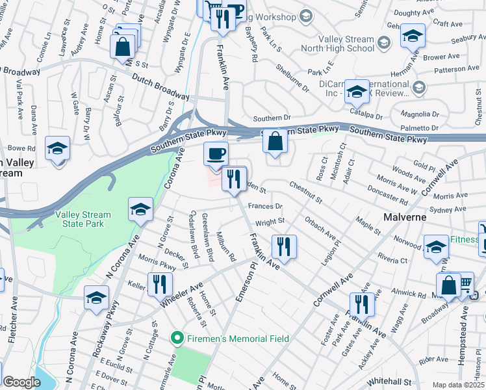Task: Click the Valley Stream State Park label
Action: coord(83,219)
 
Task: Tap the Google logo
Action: coord(21,382)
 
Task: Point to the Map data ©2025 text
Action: coord(457,385)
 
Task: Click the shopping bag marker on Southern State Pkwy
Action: coord(275,142)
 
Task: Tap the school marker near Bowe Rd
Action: coord(58,150)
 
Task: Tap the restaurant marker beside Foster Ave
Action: coord(362,305)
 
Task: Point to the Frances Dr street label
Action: coord(265,206)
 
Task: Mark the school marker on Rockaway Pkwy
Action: coord(97,298)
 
